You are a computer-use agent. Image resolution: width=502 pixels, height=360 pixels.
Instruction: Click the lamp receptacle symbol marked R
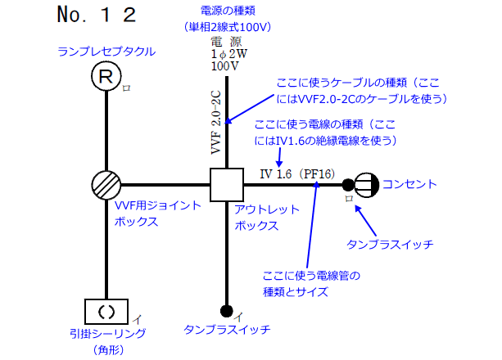pyautogui.click(x=106, y=78)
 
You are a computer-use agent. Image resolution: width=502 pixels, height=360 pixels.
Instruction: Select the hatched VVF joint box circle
pyautogui.click(x=106, y=186)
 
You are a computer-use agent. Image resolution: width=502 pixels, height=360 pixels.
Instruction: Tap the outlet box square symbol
pyautogui.click(x=226, y=186)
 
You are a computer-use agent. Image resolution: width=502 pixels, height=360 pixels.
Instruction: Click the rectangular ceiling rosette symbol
pyautogui.click(x=106, y=311)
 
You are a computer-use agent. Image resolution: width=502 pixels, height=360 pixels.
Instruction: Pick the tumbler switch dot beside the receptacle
pyautogui.click(x=348, y=185)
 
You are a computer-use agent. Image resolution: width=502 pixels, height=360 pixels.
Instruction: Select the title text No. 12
pyautogui.click(x=96, y=15)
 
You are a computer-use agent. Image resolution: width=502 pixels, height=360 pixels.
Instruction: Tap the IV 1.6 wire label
pyautogui.click(x=276, y=173)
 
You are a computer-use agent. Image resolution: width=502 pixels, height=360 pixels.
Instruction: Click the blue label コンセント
pyautogui.click(x=409, y=184)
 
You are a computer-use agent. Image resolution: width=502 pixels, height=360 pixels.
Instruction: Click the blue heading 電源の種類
pyautogui.click(x=227, y=11)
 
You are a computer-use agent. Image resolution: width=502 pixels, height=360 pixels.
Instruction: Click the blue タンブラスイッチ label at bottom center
pyautogui.click(x=227, y=330)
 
